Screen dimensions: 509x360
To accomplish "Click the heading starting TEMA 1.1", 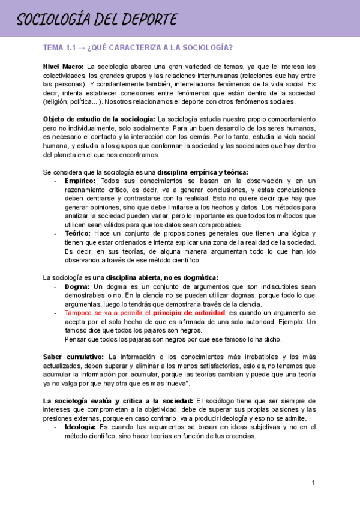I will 138,48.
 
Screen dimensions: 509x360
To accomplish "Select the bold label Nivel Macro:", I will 64,66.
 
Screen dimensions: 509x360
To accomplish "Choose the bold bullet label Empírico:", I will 81,181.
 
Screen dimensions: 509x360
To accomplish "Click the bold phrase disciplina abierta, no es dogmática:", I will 163,277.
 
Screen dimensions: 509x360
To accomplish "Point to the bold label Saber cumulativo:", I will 73,357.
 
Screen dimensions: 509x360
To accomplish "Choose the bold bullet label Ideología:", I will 80,427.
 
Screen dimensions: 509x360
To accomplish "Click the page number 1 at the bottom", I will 313,483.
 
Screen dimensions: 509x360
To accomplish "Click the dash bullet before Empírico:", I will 55,181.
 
